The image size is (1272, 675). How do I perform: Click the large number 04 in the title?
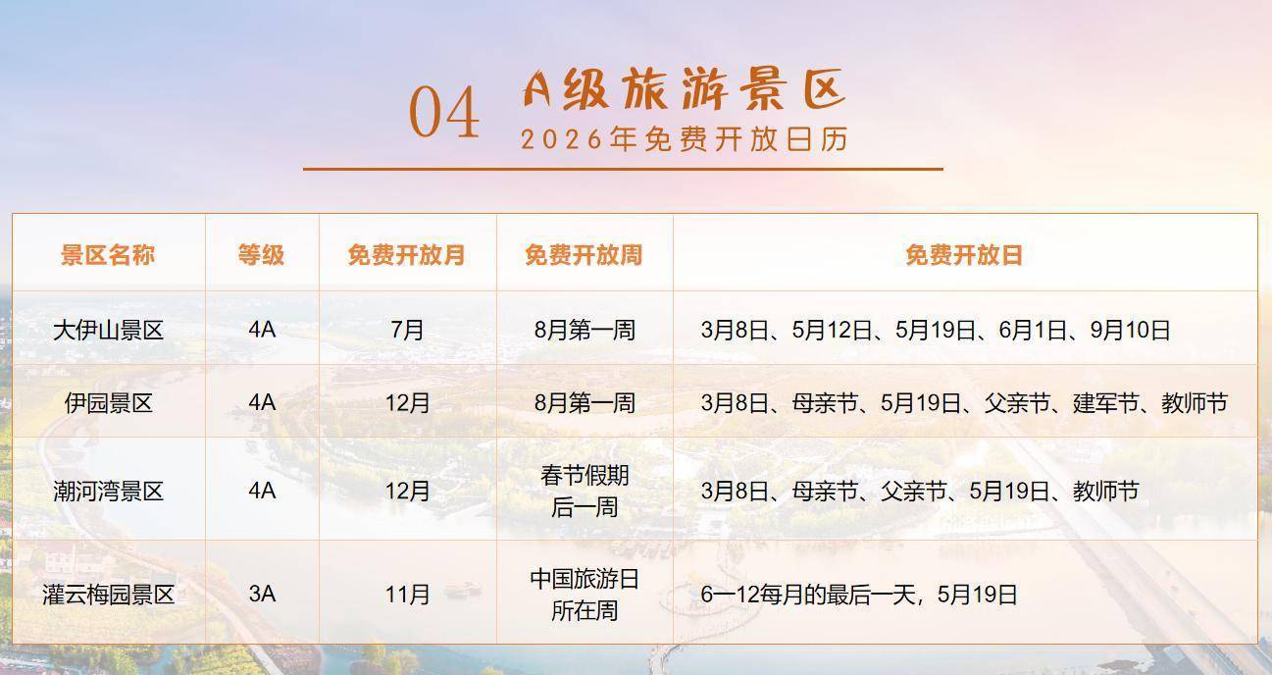444,113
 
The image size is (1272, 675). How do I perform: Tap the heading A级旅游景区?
684,88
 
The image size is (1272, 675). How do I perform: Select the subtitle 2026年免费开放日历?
685,139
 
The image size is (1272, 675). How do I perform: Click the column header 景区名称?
108,255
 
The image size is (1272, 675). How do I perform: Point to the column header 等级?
261,255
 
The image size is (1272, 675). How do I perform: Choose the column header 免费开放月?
407,255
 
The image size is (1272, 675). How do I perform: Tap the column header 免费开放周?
584,255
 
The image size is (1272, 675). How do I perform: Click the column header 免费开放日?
964,255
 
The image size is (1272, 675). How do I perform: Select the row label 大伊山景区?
109,330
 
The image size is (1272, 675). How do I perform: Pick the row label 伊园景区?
109,403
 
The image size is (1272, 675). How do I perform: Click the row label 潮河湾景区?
109,492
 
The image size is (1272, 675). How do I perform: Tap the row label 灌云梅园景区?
109,595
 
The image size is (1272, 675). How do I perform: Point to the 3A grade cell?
262,595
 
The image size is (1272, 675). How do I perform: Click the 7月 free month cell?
407,330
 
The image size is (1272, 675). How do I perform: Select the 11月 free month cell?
407,595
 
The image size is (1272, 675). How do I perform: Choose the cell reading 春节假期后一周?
585,492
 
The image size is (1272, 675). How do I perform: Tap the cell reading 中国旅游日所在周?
585,595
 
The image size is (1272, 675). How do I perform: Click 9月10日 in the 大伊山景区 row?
1130,330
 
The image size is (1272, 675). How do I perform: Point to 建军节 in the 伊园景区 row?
1106,403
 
